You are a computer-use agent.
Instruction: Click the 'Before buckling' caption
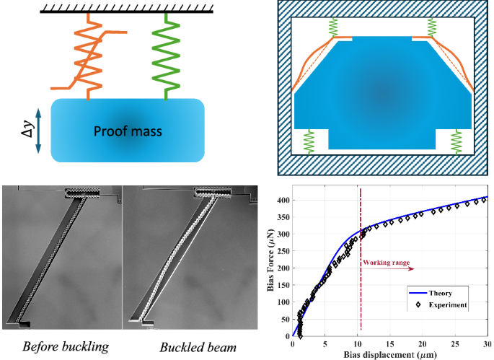coord(66,346)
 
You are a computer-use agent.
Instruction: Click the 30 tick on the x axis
coord(488,344)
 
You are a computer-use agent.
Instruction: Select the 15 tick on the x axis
coord(390,344)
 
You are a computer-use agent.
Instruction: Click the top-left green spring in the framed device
coord(333,27)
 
